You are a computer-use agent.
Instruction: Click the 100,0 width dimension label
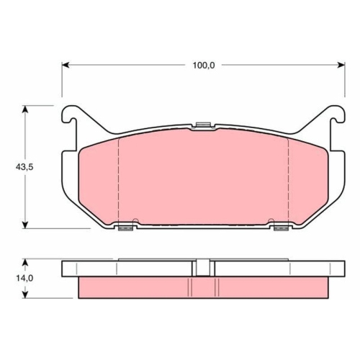[204, 66]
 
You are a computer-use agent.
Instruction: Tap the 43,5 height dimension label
[24, 167]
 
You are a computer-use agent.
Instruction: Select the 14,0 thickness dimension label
[24, 279]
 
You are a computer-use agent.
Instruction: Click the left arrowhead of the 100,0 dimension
[66, 65]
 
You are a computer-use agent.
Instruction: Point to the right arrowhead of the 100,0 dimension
[341, 65]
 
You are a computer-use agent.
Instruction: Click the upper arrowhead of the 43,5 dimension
[25, 109]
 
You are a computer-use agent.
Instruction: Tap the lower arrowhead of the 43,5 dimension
[25, 225]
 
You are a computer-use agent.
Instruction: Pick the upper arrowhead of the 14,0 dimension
[25, 262]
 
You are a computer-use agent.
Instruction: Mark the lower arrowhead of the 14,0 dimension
[25, 294]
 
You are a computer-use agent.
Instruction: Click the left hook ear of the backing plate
[70, 114]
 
